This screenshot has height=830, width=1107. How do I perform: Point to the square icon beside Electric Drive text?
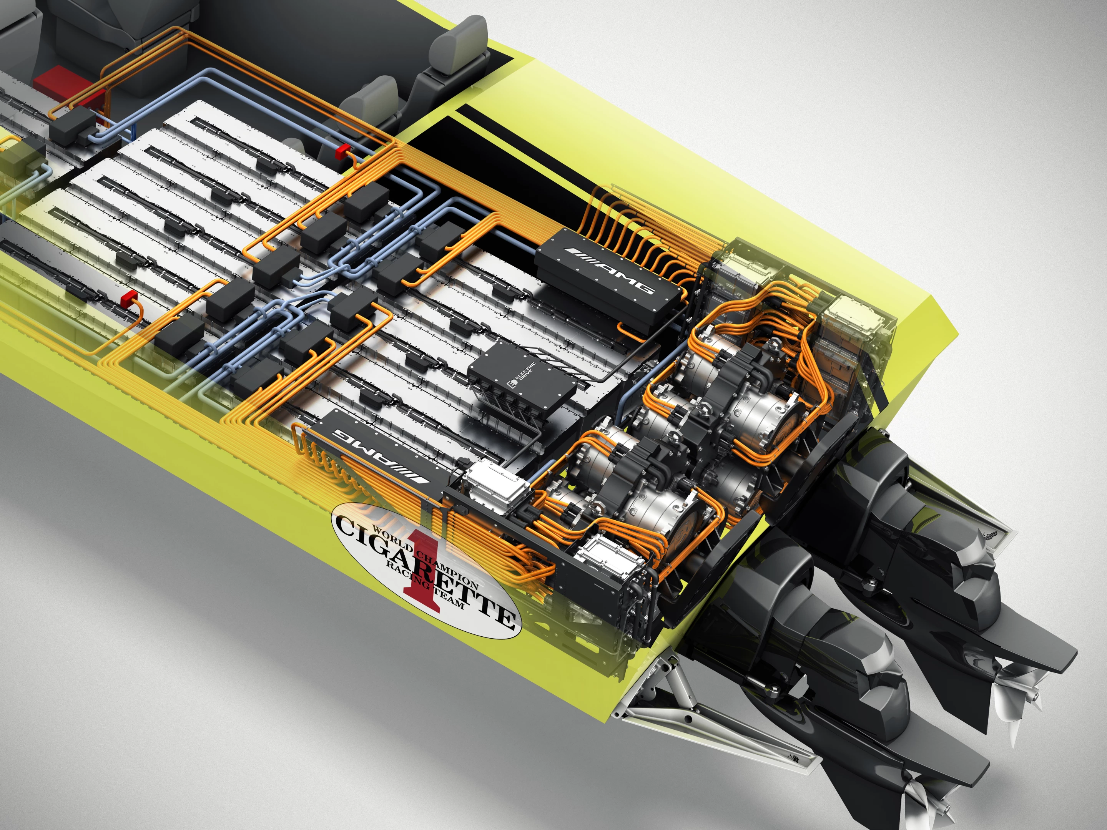tap(512, 384)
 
